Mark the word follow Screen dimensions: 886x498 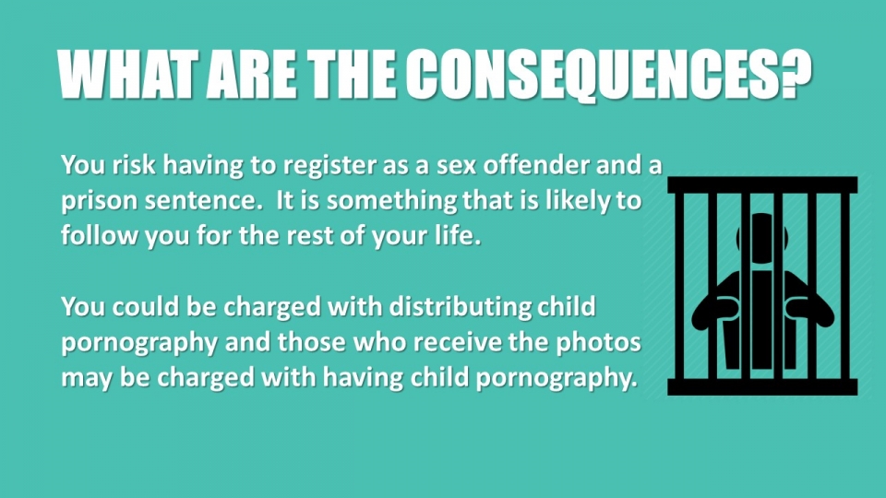[x=99, y=235]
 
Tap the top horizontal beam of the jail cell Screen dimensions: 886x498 [x=762, y=184]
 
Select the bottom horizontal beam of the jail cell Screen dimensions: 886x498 [x=762, y=386]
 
